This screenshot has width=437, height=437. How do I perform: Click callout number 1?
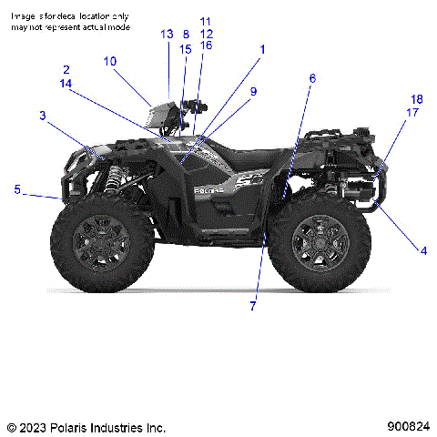pos(262,48)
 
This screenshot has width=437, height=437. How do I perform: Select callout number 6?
pos(312,78)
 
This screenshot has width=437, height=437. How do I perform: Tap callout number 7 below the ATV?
pos(254,306)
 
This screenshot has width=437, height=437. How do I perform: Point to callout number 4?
pos(422,249)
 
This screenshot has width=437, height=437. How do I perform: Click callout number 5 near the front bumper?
pos(16,189)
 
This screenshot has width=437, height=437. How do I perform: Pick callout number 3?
pos(42,115)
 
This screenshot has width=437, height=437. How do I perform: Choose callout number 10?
pos(109,62)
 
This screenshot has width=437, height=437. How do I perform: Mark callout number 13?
pos(167,34)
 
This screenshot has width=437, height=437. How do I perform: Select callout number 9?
pos(253,91)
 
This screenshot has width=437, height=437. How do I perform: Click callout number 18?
pos(416,99)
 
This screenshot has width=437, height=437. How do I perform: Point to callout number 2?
pos(66,70)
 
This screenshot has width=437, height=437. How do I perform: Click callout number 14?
pos(66,83)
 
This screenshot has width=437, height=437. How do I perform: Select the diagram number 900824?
pos(408,426)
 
